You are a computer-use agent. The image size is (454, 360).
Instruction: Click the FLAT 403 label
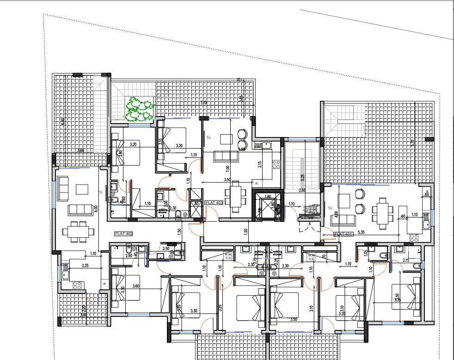point(214,203)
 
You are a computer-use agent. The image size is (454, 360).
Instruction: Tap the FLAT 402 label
point(123,234)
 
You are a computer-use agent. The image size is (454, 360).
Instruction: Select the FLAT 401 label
point(344,234)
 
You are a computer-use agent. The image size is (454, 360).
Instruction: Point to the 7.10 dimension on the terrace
point(203,103)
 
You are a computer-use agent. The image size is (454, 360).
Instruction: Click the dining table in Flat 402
point(78,231)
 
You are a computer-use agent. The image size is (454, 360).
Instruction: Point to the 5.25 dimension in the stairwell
point(301,177)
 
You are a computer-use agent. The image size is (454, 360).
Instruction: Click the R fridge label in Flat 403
point(256,184)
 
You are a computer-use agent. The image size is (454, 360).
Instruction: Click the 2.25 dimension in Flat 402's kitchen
point(85,266)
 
